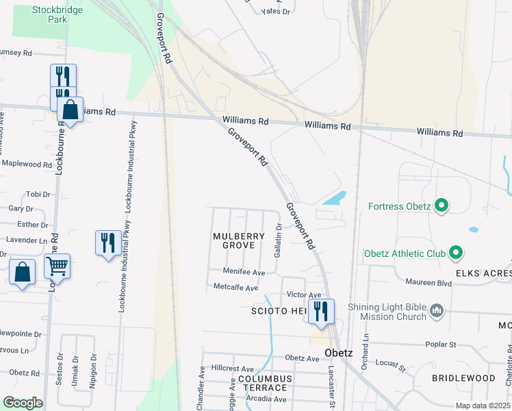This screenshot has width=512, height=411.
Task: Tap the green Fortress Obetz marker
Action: click(441, 206)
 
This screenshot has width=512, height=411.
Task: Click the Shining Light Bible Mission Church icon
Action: click(437, 312)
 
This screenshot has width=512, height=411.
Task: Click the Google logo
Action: click(23, 403)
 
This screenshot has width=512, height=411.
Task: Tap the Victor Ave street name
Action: click(304, 295)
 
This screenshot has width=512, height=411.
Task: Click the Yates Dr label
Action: click(276, 12)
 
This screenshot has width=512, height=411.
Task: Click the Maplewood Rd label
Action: click(27, 164)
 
